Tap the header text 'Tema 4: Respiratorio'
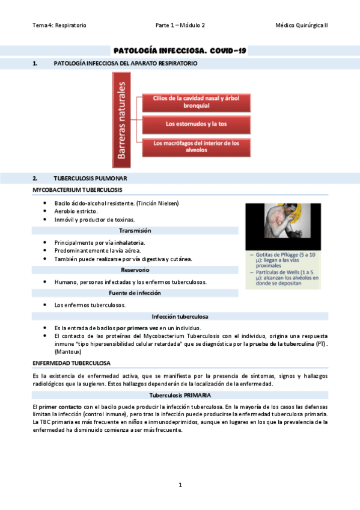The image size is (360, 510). tap(59, 25)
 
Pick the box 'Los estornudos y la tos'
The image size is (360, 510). tap(196, 124)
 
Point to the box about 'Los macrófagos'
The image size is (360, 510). tap(196, 147)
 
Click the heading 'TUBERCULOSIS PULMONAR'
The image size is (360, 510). tap(90, 179)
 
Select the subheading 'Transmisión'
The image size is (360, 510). tap(135, 230)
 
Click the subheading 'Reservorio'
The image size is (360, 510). tap(135, 270)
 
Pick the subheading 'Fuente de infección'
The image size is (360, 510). tap(135, 293)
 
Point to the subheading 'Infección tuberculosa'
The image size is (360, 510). tap(180, 316)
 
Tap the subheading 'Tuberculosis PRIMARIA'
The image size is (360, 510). tap(180, 395)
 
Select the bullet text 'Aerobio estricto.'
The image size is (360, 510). tap(76, 211)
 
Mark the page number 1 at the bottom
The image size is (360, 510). tap(180, 484)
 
